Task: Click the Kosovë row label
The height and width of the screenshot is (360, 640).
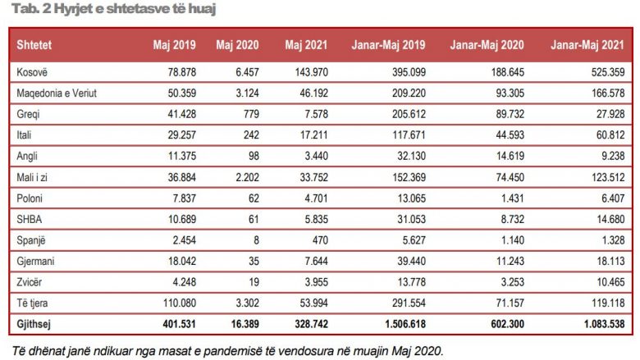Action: (x=32, y=72)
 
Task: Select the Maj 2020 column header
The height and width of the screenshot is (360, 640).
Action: (x=237, y=45)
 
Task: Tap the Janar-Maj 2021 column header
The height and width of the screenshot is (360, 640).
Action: (x=587, y=45)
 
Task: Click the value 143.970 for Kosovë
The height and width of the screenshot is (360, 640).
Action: (x=312, y=72)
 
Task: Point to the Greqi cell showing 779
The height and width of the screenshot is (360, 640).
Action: (x=251, y=114)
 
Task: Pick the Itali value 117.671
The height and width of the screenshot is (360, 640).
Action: (x=409, y=135)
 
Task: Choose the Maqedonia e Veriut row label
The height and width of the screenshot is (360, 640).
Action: (x=57, y=93)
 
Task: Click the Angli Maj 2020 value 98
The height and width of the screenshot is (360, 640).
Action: (x=254, y=156)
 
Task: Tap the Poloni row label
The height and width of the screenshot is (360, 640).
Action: (x=30, y=198)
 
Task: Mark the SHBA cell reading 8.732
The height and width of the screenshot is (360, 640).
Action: (x=513, y=219)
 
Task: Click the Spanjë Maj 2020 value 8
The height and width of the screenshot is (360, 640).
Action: (x=256, y=240)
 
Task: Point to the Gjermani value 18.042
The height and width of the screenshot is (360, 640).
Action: (x=182, y=261)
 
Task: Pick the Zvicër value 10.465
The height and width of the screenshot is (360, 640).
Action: (x=610, y=282)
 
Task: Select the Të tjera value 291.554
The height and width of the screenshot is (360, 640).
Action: (x=409, y=303)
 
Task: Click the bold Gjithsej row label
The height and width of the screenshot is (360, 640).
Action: (x=34, y=324)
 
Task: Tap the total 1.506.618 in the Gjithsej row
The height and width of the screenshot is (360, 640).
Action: (x=405, y=324)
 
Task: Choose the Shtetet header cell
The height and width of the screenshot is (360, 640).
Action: (x=34, y=45)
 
